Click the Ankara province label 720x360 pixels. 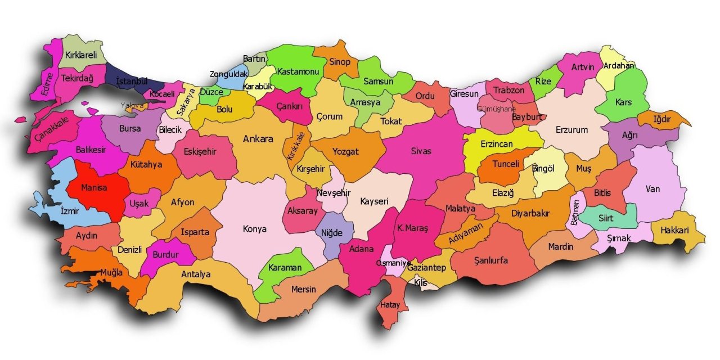258,139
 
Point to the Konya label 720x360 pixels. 254,229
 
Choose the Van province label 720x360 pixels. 652,189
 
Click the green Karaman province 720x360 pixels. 285,268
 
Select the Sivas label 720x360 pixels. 421,151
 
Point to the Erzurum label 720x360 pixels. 571,130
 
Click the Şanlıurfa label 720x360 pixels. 490,260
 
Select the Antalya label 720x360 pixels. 196,274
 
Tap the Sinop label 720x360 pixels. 339,62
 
